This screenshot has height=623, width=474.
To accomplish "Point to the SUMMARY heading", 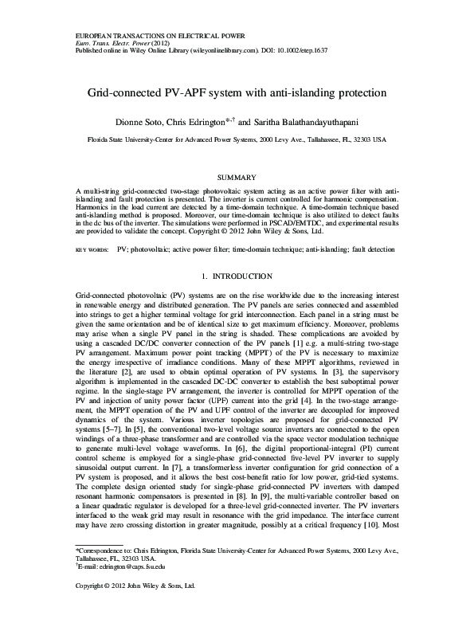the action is [x=237, y=176].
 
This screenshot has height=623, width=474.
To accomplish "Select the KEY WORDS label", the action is [x=92, y=249].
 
